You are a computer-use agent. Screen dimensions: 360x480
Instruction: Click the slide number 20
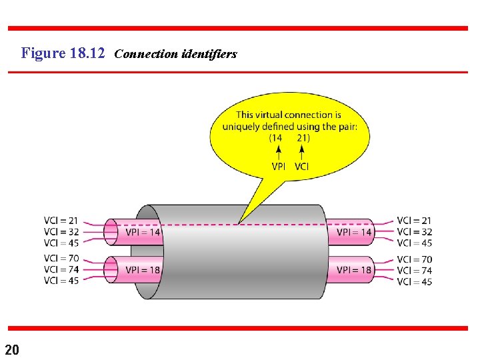13,349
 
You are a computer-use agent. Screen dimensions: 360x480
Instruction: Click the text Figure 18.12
63,53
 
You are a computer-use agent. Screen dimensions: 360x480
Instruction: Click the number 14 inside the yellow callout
276,138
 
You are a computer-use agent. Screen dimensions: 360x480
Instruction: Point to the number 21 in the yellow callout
303,138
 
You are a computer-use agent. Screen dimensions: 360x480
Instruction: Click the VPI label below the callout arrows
278,166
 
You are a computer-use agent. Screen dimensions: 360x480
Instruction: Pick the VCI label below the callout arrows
301,166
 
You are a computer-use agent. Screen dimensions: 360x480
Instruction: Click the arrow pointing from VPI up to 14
278,152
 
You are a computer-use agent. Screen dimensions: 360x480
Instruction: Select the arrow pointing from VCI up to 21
301,152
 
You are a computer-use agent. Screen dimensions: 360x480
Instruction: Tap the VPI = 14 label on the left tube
143,233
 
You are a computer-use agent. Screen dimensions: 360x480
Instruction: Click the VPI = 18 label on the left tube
143,270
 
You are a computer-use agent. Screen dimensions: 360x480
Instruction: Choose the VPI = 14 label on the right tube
354,233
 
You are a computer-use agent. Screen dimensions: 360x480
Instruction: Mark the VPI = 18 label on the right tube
354,270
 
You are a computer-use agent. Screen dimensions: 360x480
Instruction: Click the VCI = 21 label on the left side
61,221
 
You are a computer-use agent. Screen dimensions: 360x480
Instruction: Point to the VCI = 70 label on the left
61,258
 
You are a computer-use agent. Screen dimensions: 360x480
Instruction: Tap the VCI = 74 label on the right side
414,270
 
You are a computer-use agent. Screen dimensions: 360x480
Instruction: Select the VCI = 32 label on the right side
414,232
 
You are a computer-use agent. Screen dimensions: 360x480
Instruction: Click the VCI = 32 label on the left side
61,231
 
